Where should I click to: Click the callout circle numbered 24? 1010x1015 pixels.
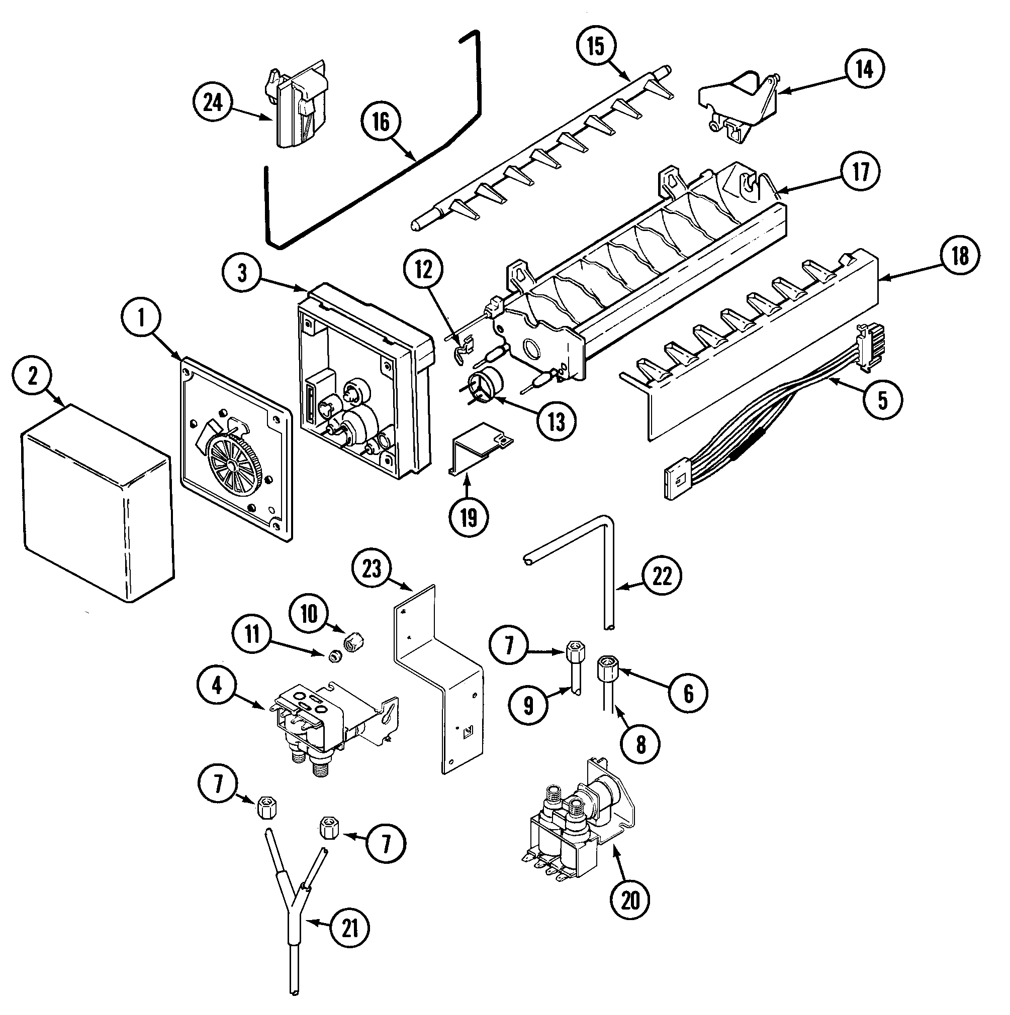(213, 103)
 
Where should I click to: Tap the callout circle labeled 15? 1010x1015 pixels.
(596, 46)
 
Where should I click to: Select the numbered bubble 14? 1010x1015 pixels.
(864, 69)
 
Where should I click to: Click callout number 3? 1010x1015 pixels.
(242, 273)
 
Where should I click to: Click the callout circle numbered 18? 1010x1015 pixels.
(960, 255)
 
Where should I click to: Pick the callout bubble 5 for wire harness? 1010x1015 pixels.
(883, 400)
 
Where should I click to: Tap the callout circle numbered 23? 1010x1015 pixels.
(372, 569)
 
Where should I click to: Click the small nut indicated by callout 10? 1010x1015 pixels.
(353, 641)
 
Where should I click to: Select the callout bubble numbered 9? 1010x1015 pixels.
(528, 705)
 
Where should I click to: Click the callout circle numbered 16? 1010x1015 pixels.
(382, 122)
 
